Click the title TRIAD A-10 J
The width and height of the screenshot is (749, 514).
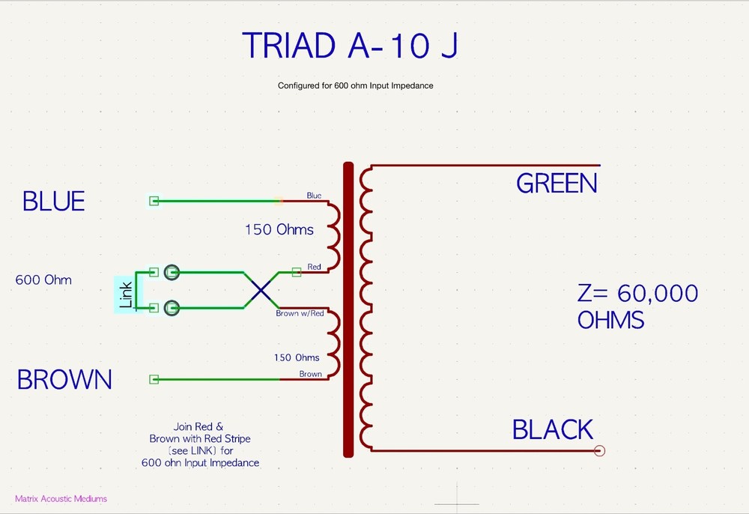349,46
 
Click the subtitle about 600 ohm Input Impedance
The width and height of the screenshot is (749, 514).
355,85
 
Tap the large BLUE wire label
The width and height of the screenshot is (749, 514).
53,202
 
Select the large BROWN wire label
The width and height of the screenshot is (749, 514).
64,380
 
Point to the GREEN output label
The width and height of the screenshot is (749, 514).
557,184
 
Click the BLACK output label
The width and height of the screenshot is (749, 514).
553,430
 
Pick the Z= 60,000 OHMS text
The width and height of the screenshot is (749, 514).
637,306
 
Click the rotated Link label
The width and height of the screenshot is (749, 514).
125,294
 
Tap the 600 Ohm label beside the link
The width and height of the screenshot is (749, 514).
43,280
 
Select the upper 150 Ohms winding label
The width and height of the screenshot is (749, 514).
279,229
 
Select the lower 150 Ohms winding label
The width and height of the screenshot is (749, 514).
297,357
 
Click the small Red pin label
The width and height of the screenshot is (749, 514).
315,267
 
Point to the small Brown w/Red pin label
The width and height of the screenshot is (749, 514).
300,313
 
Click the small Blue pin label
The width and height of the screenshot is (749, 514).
314,196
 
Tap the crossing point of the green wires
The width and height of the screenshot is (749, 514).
260,290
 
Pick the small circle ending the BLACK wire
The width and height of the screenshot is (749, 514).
599,450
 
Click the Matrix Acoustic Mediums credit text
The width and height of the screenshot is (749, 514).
61,498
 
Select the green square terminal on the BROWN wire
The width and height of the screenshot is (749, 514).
154,380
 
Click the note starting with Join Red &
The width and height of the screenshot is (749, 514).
200,444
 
